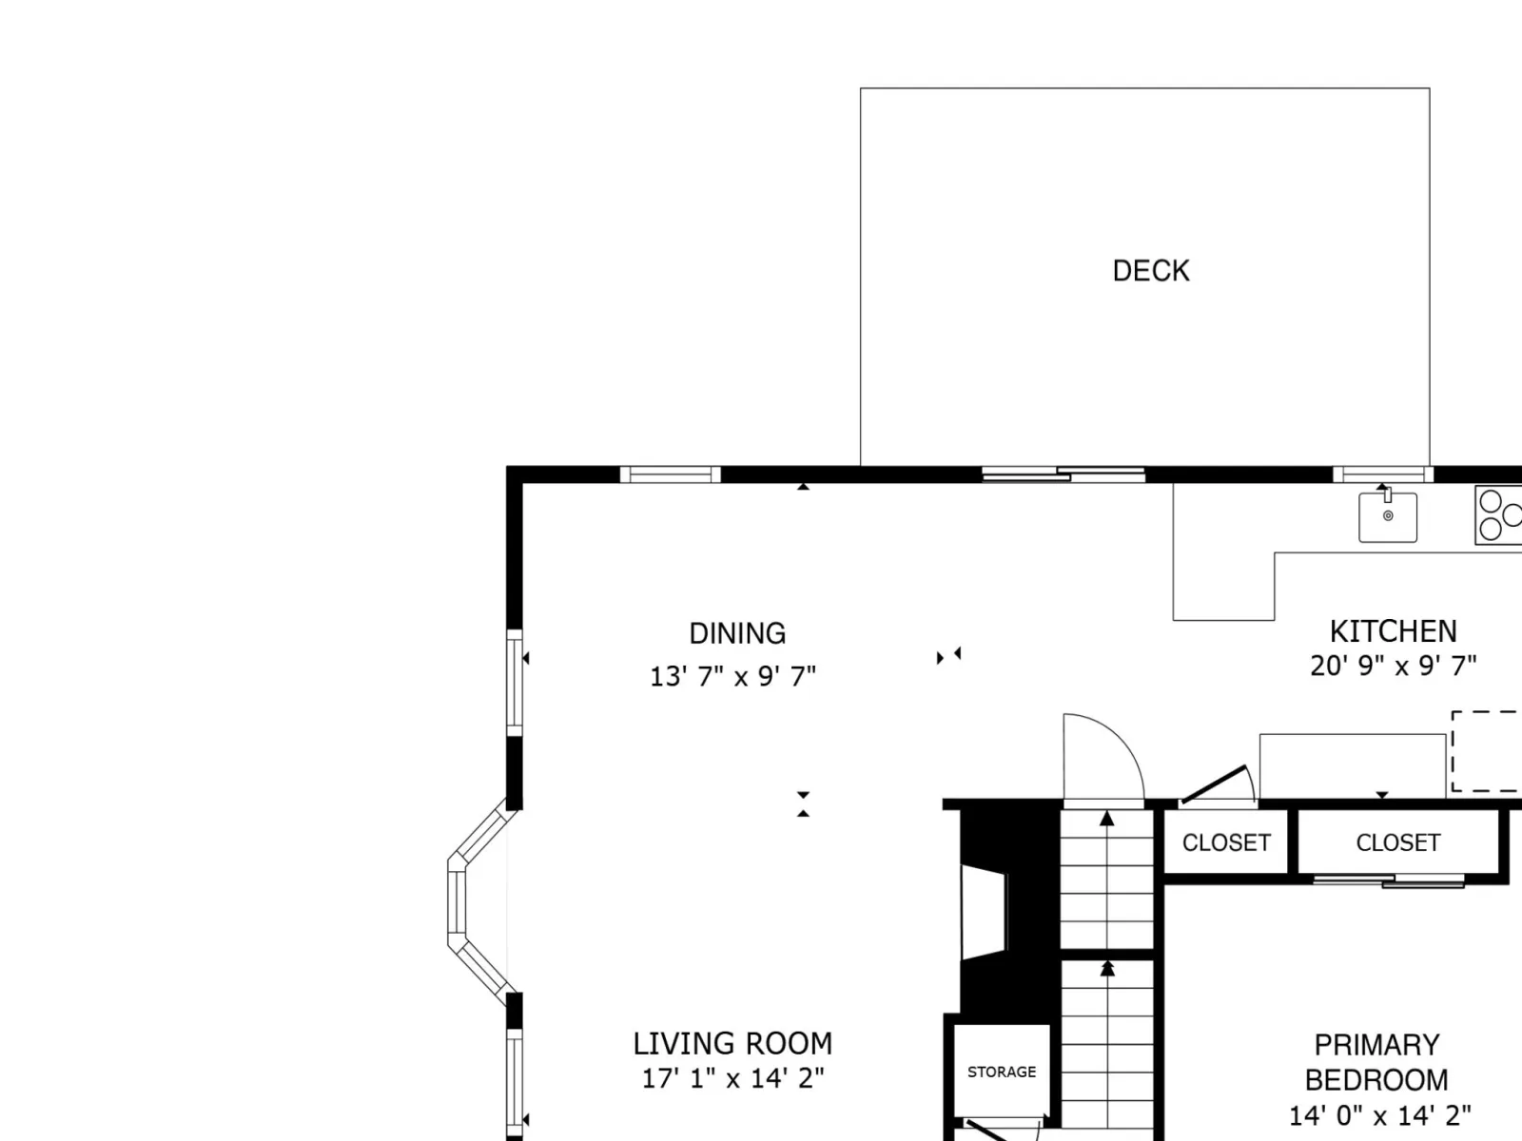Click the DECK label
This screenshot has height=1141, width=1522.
(1151, 271)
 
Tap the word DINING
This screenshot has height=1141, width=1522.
(737, 633)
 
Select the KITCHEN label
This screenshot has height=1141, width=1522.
(1393, 631)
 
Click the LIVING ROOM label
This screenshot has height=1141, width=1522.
(732, 1043)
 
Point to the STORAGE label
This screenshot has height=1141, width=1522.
(1002, 1072)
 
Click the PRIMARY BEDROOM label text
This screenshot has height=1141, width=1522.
(1376, 1062)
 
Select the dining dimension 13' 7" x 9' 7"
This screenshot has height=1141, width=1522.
(732, 676)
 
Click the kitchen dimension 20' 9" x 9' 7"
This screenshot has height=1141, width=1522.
(1393, 666)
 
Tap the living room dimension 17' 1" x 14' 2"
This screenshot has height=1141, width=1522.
(732, 1078)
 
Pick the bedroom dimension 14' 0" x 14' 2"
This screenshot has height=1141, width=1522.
(1379, 1115)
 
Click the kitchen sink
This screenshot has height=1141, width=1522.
(1388, 517)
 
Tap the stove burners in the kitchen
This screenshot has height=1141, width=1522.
(1498, 514)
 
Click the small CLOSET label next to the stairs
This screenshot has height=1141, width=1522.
(1226, 842)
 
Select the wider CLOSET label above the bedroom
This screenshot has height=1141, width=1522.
(1398, 842)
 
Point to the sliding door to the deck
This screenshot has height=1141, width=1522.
(1063, 474)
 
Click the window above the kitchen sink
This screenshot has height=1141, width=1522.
(1382, 474)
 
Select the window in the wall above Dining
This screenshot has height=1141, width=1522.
(670, 474)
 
